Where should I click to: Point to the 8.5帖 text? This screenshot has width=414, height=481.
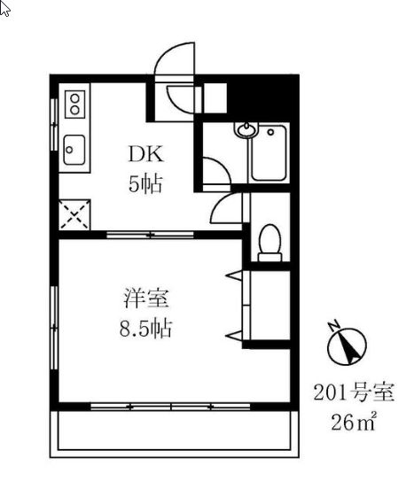point(145,330)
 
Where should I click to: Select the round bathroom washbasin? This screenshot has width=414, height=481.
point(246,133)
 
